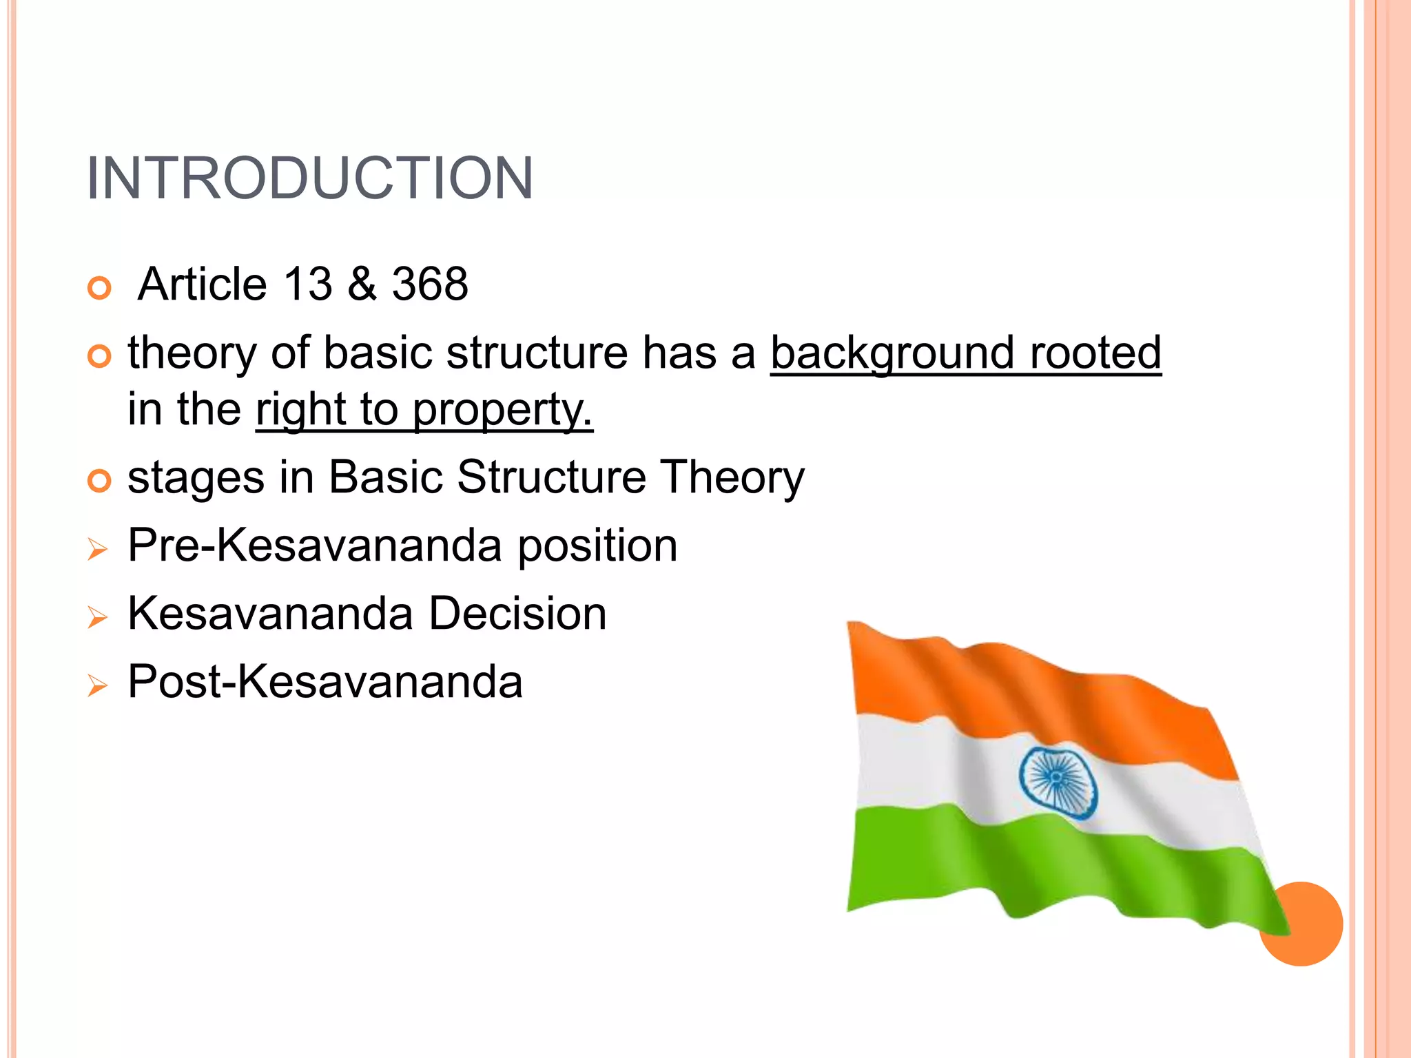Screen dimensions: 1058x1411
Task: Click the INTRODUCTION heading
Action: [x=309, y=178]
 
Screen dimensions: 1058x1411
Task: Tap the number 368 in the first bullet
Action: [x=430, y=284]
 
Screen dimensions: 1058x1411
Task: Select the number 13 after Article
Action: [x=308, y=284]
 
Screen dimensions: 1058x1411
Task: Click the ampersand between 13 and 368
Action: [x=362, y=284]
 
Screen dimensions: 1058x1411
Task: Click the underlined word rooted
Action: [x=1095, y=352]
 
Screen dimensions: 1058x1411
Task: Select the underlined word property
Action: [x=502, y=411]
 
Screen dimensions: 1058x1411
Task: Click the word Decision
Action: [x=517, y=614]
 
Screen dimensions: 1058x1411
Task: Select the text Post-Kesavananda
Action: [x=325, y=682]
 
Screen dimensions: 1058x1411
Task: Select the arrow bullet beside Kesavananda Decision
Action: [x=98, y=617]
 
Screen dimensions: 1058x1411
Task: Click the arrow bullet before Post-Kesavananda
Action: [x=98, y=685]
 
